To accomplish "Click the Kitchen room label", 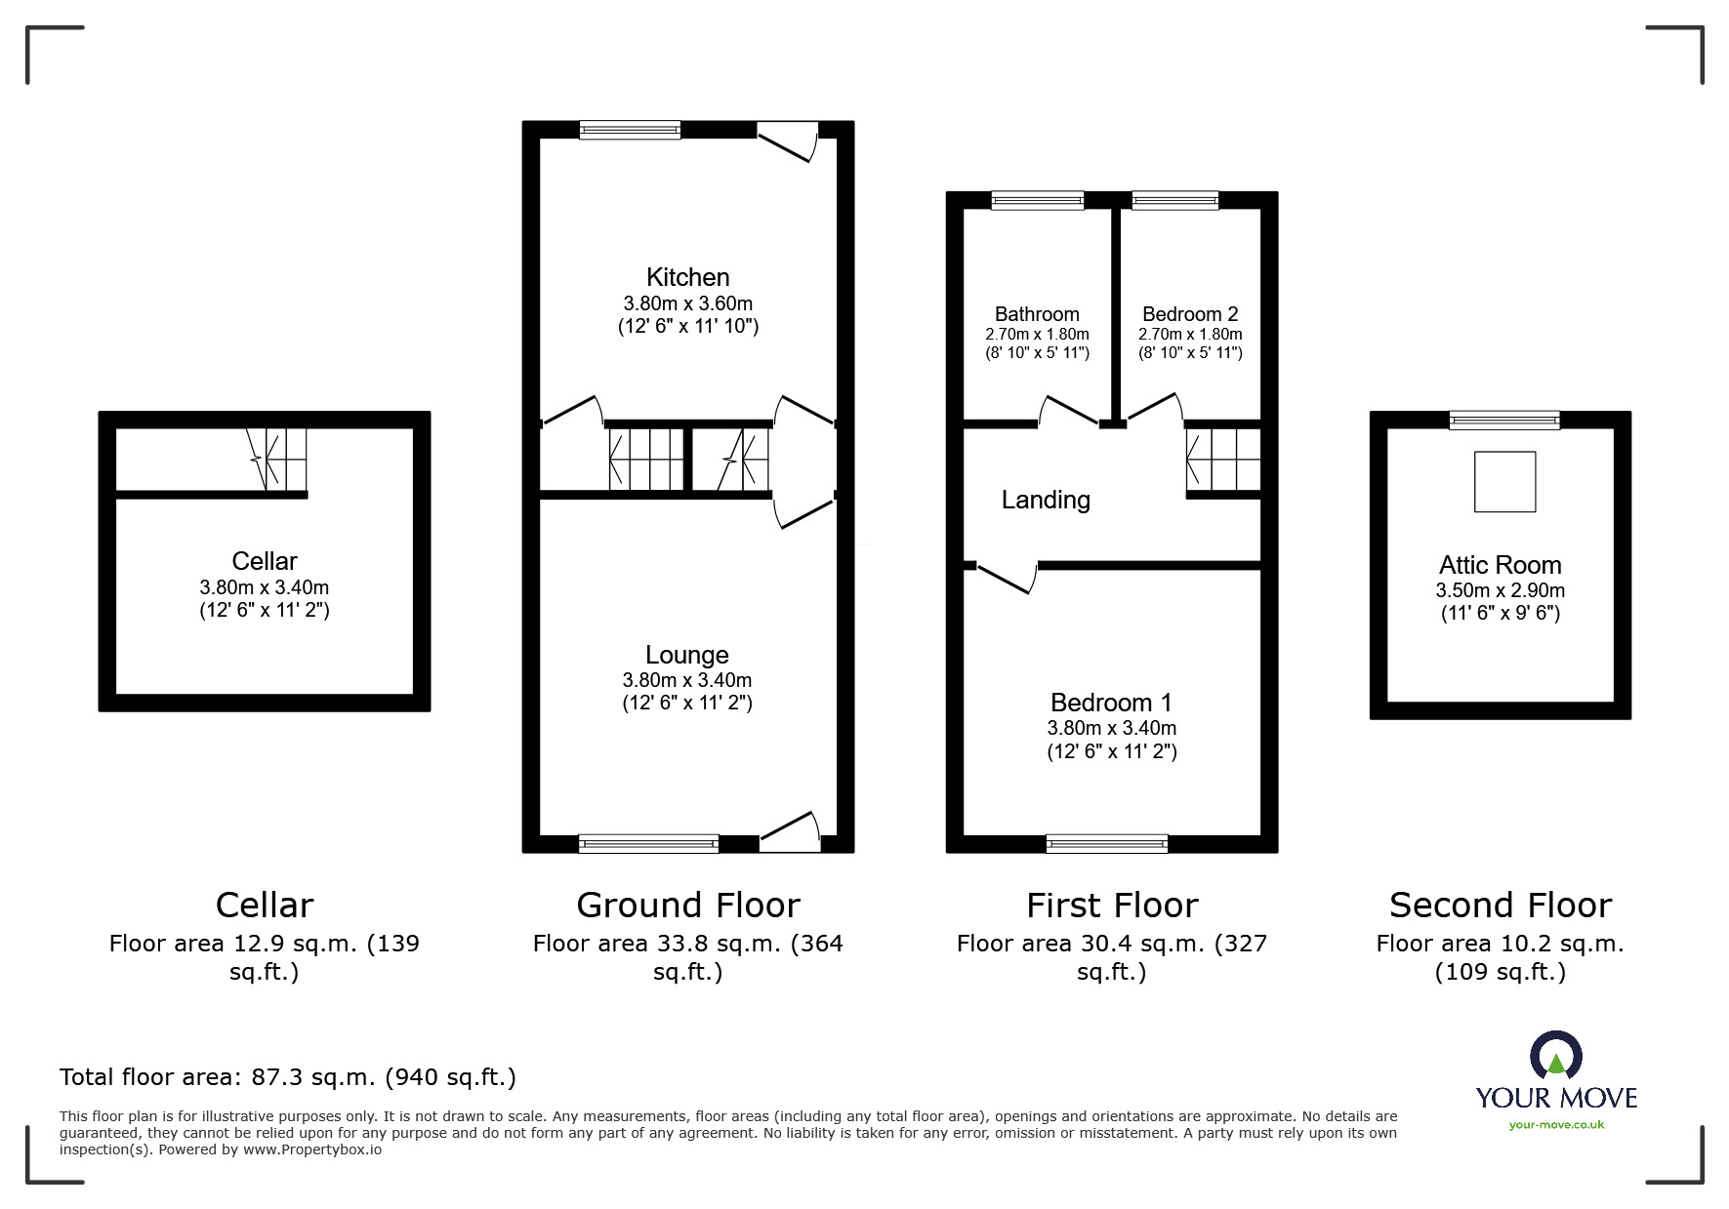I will [687, 277].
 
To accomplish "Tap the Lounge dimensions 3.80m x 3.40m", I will [687, 680].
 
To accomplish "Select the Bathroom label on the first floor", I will [1037, 314].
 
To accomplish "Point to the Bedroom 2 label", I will [1190, 314].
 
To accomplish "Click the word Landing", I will [1046, 500].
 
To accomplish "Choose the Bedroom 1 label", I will [1111, 703].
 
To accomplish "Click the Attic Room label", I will [1500, 565].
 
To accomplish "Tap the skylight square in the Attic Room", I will [1504, 481].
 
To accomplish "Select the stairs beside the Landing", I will [1222, 460].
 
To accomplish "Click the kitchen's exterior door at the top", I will [788, 142].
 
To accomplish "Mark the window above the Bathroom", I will [1037, 200].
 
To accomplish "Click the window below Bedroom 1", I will [1106, 843].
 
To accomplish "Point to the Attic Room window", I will [1503, 421].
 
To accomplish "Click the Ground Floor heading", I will [687, 906].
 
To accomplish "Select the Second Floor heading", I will [1500, 906].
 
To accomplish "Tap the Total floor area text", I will [288, 1077].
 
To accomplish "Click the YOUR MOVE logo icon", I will [1555, 1057].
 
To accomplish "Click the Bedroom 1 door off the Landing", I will [1006, 578].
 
